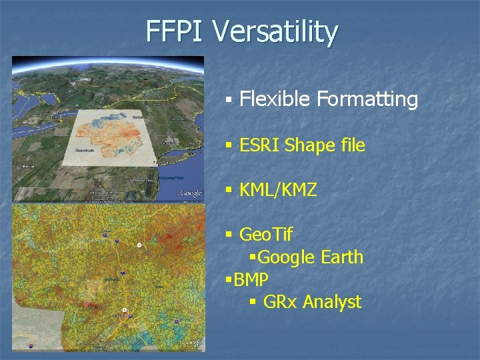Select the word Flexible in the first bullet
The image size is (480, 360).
click(275, 99)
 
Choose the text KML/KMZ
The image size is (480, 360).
click(278, 191)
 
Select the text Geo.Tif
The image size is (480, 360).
click(265, 235)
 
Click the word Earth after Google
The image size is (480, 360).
click(341, 257)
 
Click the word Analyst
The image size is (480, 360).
click(332, 302)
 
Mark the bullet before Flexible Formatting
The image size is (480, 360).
click(228, 100)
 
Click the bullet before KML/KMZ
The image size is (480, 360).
click(229, 191)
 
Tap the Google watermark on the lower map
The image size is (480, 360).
click(192, 342)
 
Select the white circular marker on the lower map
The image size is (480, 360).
click(139, 245)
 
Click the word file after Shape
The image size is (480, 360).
click(350, 145)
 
